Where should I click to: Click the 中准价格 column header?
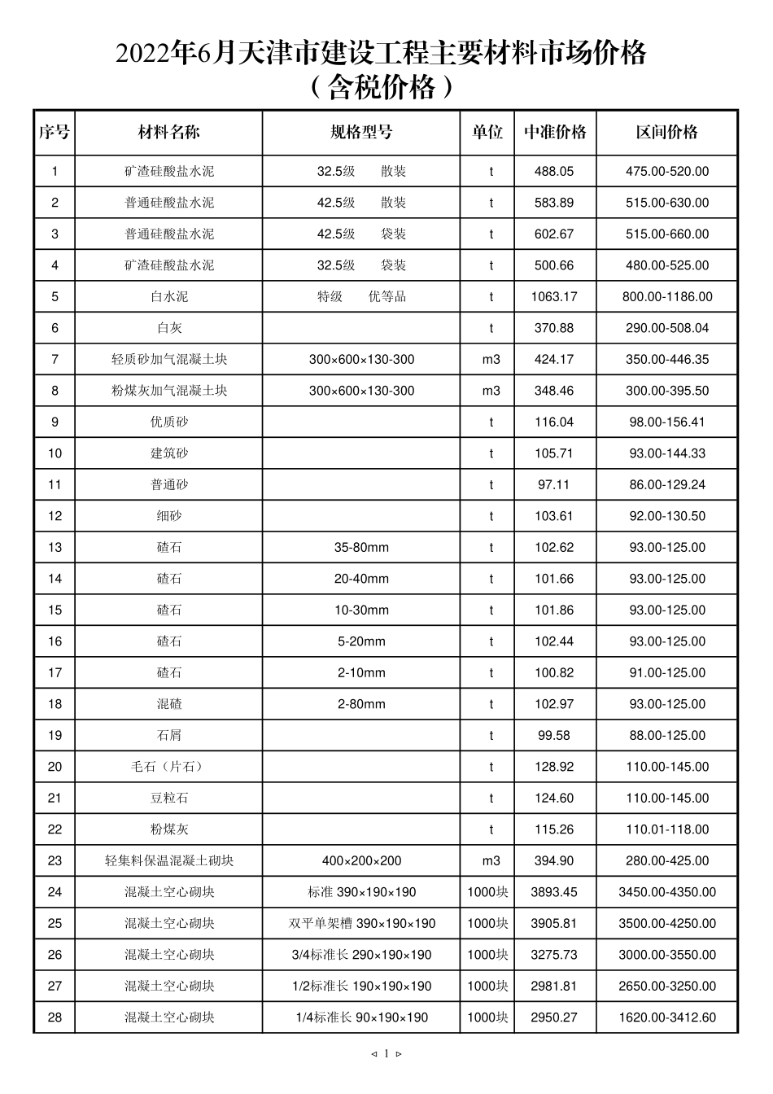(x=555, y=133)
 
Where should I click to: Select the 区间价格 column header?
(x=667, y=133)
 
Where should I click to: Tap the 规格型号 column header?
(x=361, y=133)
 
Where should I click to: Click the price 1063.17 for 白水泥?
(x=554, y=297)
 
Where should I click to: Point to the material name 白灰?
(x=169, y=328)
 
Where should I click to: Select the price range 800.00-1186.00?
(x=667, y=297)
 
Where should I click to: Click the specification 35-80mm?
(x=361, y=548)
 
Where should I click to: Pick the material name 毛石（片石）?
(x=169, y=767)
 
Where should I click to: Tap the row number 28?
(x=55, y=1017)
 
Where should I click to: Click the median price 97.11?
(x=554, y=485)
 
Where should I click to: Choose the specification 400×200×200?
(x=361, y=861)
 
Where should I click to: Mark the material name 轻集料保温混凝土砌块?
(x=169, y=861)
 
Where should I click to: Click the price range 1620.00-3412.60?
(x=667, y=1017)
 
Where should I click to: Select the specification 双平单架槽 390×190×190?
(x=361, y=924)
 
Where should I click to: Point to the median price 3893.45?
(x=554, y=892)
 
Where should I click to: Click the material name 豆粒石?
(x=169, y=799)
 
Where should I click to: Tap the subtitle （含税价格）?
(x=381, y=87)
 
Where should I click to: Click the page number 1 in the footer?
(x=386, y=1053)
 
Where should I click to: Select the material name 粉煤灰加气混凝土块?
(x=169, y=391)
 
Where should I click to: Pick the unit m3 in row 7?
(x=491, y=360)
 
